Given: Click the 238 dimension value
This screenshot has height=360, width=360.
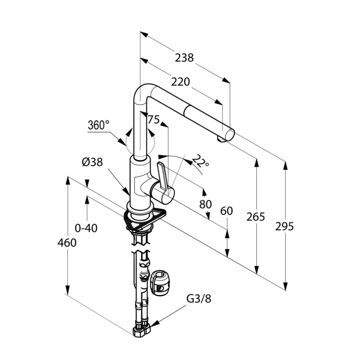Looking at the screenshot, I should coord(184,58).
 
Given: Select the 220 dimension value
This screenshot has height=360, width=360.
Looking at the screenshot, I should coord(180,82).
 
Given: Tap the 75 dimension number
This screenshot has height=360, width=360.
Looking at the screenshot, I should coord(154,120).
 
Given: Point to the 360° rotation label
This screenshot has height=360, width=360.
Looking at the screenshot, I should coord(98,125).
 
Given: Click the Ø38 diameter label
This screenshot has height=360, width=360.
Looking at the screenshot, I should coord(92,162).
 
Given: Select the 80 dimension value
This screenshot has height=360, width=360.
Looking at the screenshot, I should coord(205,204).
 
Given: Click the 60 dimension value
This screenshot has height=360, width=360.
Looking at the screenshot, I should coord(227,211).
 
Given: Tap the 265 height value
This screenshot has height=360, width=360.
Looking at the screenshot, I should coord(256,217).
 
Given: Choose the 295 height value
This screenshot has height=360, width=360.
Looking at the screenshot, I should coord(284,227).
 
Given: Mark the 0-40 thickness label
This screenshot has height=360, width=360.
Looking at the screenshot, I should coord(86,228).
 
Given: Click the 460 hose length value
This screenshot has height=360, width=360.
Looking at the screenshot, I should coord(67,243).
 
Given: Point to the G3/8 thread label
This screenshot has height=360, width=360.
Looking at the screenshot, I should coord(199,299).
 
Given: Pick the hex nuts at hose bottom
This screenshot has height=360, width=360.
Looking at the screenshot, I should coord(141,331).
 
